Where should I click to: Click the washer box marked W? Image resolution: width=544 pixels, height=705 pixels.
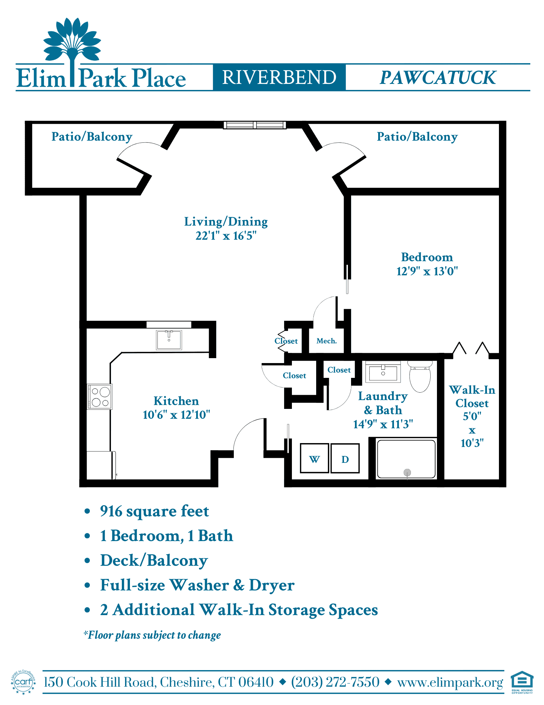(x=314, y=458)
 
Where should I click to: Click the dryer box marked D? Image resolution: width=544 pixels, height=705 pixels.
(x=345, y=458)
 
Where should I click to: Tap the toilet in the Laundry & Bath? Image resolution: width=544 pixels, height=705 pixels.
(x=420, y=376)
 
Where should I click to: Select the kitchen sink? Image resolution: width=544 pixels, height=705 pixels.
(x=169, y=340)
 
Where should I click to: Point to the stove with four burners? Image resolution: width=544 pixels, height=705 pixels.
(x=100, y=397)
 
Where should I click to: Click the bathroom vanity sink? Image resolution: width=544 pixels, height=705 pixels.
(x=383, y=372)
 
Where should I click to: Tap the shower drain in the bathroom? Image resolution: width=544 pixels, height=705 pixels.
(x=407, y=472)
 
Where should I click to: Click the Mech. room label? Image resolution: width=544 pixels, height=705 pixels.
(x=327, y=341)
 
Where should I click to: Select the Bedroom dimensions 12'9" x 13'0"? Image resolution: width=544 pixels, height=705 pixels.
(x=427, y=271)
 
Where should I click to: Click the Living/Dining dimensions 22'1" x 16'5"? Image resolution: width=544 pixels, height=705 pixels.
(x=226, y=235)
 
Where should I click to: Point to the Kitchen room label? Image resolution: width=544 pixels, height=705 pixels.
(x=176, y=401)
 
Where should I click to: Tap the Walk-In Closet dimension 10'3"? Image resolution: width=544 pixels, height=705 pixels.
(x=472, y=443)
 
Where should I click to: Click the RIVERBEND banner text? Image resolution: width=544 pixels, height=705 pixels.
(x=279, y=77)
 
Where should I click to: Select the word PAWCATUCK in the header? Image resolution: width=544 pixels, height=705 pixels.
(x=438, y=78)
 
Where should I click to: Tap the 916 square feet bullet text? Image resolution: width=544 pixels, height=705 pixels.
(x=154, y=511)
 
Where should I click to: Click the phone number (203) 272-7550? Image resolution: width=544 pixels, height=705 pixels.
(x=335, y=682)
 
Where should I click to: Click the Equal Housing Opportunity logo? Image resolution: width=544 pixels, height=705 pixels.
(x=522, y=682)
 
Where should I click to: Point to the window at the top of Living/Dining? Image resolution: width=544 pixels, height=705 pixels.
(x=255, y=125)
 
